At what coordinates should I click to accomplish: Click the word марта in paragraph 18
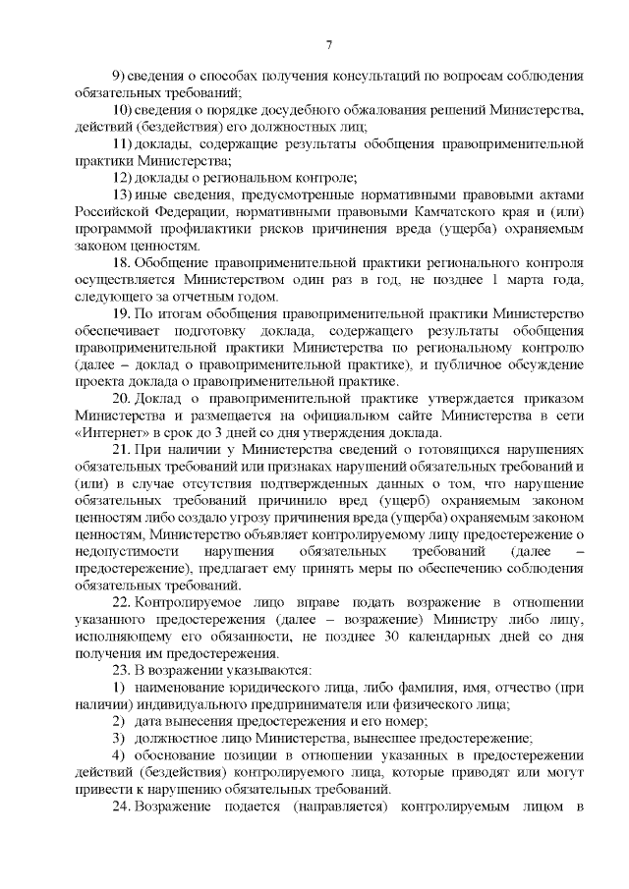click(x=527, y=280)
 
